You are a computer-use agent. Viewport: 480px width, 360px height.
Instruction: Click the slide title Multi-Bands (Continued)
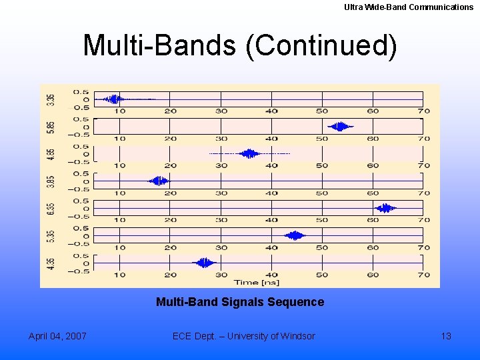(239, 46)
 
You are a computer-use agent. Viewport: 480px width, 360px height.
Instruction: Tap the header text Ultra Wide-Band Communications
(409, 7)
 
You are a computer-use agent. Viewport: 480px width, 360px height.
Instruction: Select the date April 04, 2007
(57, 336)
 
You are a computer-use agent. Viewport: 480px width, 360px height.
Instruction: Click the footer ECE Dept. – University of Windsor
(243, 336)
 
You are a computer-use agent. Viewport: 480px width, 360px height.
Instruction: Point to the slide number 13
(446, 336)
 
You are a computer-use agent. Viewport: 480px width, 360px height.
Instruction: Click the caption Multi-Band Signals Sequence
(239, 302)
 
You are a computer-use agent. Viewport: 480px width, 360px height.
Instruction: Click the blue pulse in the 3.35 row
(115, 99)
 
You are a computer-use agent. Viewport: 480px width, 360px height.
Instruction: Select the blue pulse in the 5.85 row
(341, 127)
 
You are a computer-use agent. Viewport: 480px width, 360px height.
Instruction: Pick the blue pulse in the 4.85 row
(250, 154)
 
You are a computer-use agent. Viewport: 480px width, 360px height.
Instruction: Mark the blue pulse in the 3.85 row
(159, 181)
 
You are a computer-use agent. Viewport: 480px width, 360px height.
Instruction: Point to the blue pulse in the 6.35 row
(385, 208)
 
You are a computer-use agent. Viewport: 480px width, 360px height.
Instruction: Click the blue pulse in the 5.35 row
(295, 235)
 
